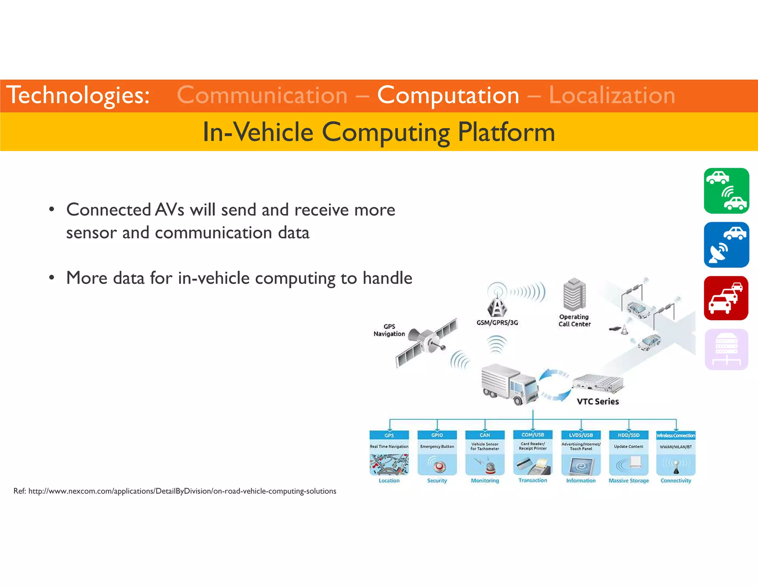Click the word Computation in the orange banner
448,96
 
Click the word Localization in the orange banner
612,96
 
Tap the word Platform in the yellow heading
506,132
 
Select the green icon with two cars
726,191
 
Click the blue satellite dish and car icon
726,245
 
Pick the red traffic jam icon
726,298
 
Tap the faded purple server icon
726,349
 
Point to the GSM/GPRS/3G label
497,323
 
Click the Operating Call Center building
574,295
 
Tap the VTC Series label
598,402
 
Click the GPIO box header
437,435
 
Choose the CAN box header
485,435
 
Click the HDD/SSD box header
628,435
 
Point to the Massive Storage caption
628,480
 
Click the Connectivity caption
676,480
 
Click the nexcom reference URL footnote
175,491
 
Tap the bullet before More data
52,278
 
